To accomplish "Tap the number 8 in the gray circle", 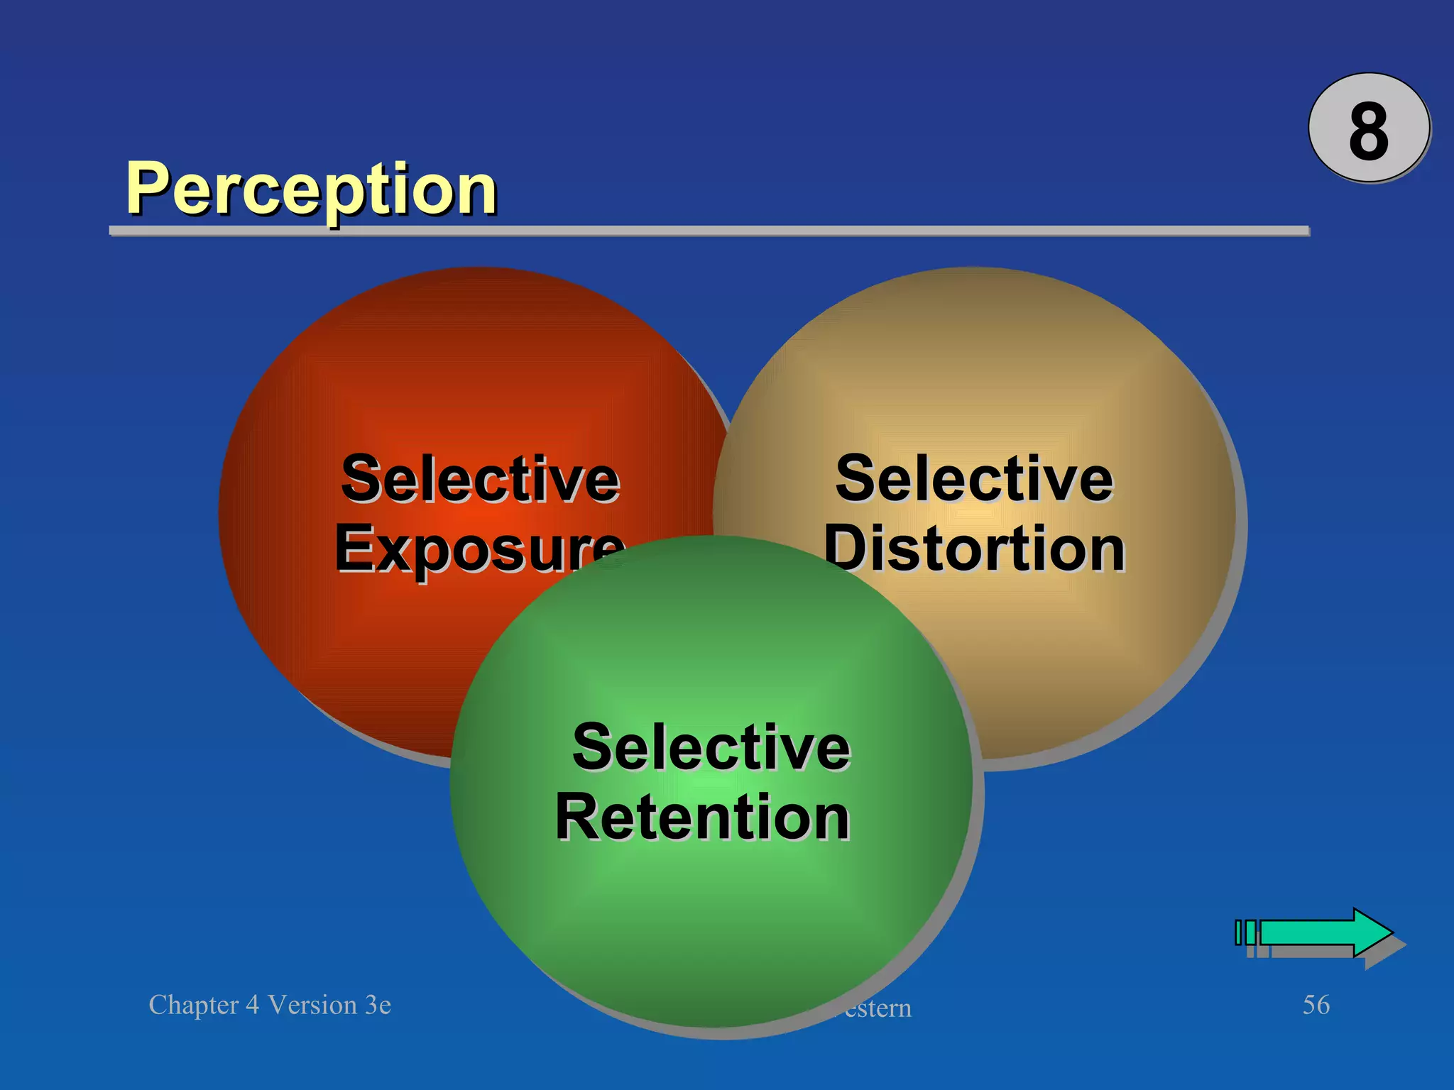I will click(1368, 131).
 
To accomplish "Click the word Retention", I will click(702, 817).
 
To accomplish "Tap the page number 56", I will click(1316, 1005).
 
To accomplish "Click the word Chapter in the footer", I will click(193, 1006).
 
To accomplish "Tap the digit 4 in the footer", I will click(252, 1006).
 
